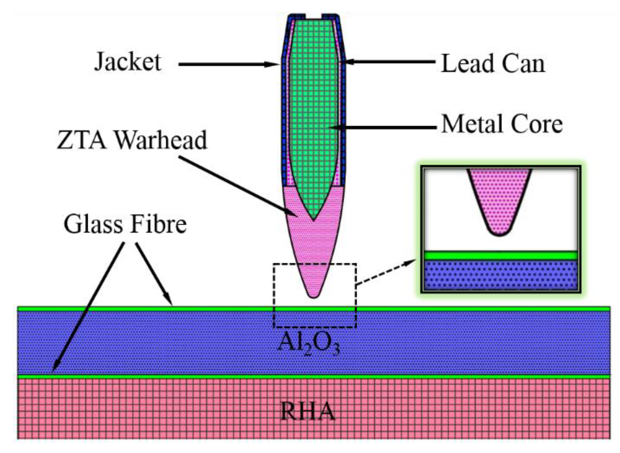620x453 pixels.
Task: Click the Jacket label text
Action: click(128, 62)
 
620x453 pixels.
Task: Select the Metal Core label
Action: click(502, 124)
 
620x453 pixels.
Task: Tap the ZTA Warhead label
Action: click(132, 140)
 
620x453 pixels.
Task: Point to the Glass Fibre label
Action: click(125, 225)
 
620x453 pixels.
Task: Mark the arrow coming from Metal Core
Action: click(382, 128)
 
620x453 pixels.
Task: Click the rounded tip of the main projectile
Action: click(313, 294)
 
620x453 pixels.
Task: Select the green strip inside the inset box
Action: click(500, 255)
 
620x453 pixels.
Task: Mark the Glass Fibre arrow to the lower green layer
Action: click(86, 309)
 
